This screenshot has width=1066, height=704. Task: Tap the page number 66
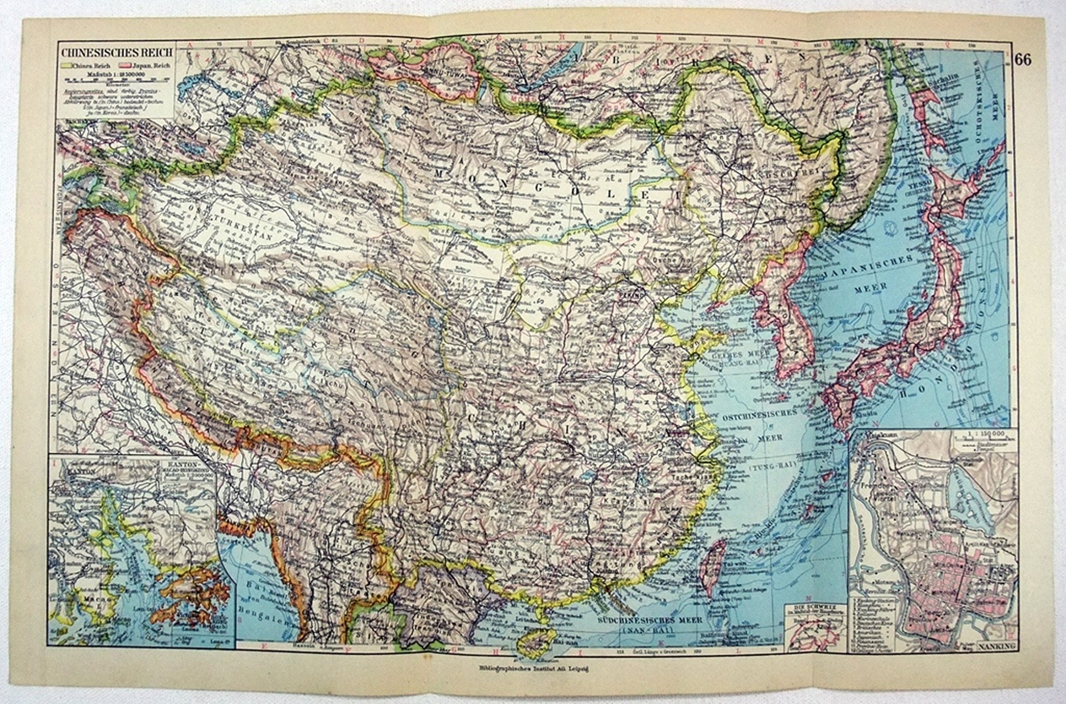(1023, 60)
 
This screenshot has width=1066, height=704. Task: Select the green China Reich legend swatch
(66, 65)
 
